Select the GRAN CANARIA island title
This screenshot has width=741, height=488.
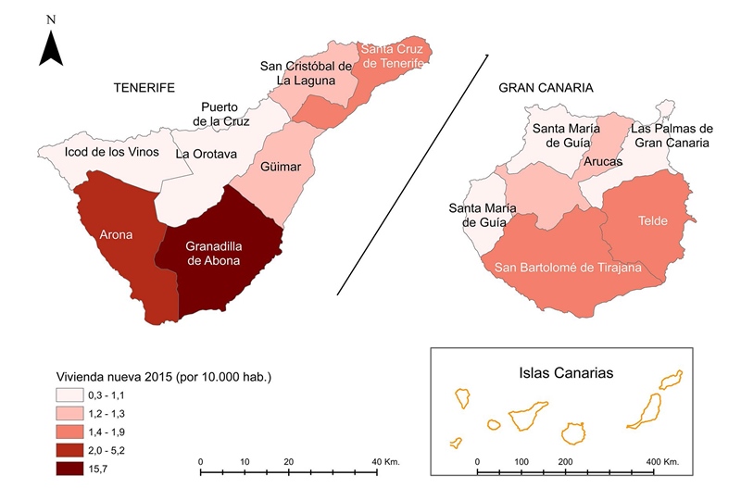pyautogui.click(x=546, y=88)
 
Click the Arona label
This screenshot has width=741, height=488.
pyautogui.click(x=116, y=234)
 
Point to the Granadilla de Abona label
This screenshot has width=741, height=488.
pyautogui.click(x=213, y=254)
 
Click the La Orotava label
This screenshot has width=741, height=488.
pyautogui.click(x=207, y=153)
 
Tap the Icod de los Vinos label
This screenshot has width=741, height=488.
pyautogui.click(x=111, y=152)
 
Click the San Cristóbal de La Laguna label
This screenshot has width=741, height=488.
pyautogui.click(x=306, y=73)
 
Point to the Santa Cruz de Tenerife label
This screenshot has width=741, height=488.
pyautogui.click(x=394, y=56)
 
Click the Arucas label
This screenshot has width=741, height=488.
pyautogui.click(x=603, y=161)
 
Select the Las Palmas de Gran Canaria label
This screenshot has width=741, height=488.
pyautogui.click(x=671, y=136)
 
